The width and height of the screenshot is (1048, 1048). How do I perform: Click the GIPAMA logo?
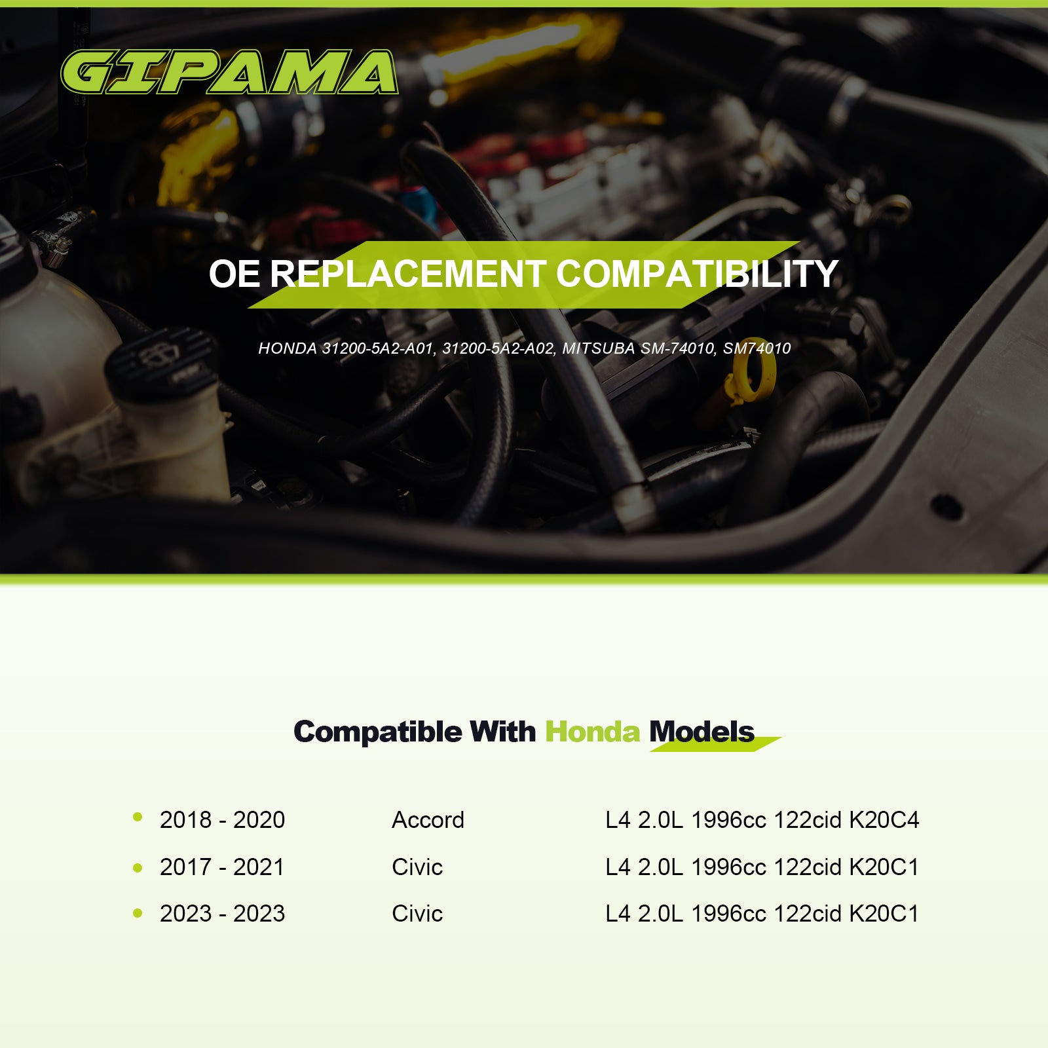pyautogui.click(x=229, y=72)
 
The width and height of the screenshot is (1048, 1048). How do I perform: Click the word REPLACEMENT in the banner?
pyautogui.click(x=407, y=274)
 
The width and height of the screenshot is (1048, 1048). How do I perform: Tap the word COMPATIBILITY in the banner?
pyautogui.click(x=697, y=274)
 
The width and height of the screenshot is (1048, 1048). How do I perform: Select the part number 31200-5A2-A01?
pyautogui.click(x=378, y=348)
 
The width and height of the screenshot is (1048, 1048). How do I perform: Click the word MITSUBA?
pyautogui.click(x=598, y=348)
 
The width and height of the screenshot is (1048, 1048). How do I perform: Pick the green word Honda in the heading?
pyautogui.click(x=592, y=732)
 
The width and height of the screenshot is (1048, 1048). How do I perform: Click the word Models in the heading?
pyautogui.click(x=702, y=732)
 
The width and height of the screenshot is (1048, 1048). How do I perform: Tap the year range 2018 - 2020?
pyautogui.click(x=222, y=820)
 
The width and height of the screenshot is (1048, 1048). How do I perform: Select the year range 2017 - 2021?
pyautogui.click(x=222, y=867)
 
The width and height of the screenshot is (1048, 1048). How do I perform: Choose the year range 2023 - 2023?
pyautogui.click(x=222, y=914)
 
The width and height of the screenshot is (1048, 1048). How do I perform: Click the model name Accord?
pyautogui.click(x=428, y=820)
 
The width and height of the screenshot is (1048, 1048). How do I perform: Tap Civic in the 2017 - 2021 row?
pyautogui.click(x=417, y=867)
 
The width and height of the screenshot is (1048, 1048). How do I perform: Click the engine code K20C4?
pyautogui.click(x=884, y=820)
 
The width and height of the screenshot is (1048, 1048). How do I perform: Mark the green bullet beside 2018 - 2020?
pyautogui.click(x=138, y=817)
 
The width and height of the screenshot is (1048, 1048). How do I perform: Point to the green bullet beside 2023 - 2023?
pyautogui.click(x=138, y=913)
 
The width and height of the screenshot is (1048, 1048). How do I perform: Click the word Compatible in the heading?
pyautogui.click(x=377, y=732)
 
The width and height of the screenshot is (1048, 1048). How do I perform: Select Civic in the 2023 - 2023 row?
pyautogui.click(x=417, y=914)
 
